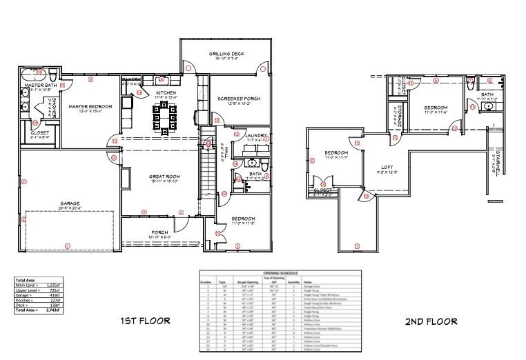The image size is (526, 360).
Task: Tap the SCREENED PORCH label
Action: (234, 99)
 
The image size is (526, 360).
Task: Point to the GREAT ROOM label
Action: (164, 177)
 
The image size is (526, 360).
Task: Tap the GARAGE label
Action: (70, 203)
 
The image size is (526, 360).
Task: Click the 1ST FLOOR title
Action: (144, 321)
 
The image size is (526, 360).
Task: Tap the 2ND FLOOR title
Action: (430, 321)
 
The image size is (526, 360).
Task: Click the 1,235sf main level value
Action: (52, 284)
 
